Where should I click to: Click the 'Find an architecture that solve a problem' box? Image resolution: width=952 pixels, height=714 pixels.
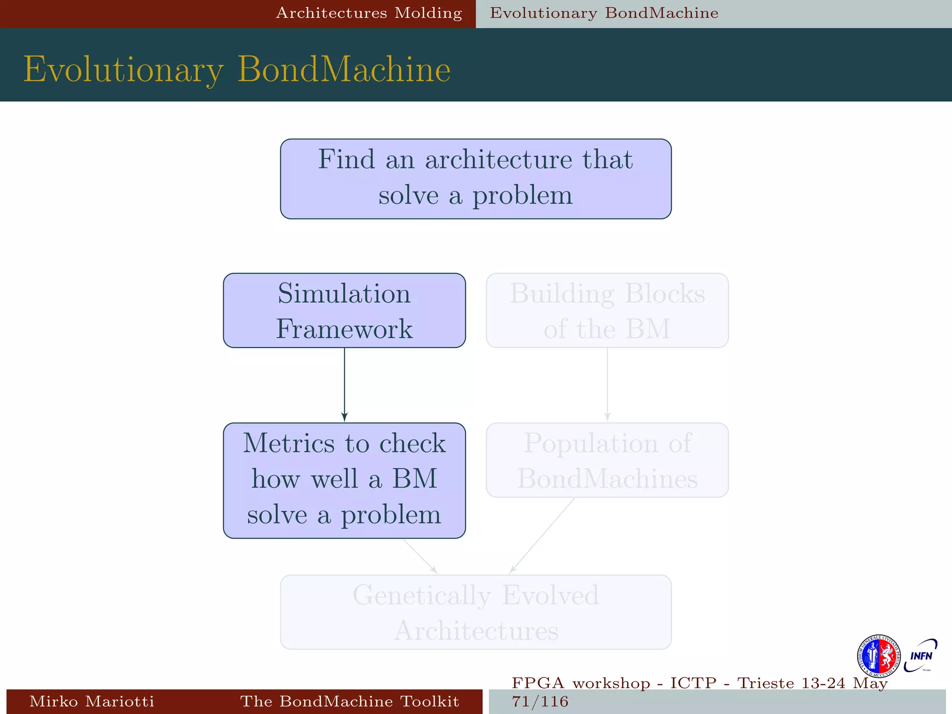pos(476,179)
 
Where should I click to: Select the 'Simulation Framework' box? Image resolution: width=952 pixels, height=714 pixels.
pos(344,311)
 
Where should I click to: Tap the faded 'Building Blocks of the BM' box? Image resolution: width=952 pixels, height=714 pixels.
pos(607,311)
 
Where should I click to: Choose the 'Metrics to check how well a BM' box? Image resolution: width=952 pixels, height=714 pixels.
pos(344,481)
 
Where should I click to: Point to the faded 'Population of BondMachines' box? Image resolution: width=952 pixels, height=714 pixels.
pos(607,460)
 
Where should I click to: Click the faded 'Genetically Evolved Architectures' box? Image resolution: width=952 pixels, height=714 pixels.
pos(476,612)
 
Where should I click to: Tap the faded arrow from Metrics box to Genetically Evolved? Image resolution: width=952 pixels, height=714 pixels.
pos(420,556)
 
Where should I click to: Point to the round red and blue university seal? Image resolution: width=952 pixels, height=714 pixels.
pos(879,656)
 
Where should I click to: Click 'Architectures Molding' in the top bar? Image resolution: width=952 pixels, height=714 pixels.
pos(369,13)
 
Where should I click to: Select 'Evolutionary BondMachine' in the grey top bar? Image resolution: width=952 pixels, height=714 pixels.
pos(604,13)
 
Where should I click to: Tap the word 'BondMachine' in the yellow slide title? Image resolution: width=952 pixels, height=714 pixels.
pos(344,70)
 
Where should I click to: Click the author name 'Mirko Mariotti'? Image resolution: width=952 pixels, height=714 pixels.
pos(92,701)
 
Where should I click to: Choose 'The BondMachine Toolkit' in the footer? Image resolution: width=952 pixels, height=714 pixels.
pos(350,701)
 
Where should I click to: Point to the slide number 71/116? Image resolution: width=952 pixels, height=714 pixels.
pos(540,701)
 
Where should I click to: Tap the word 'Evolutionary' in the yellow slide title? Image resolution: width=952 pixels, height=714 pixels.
pos(124,70)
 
